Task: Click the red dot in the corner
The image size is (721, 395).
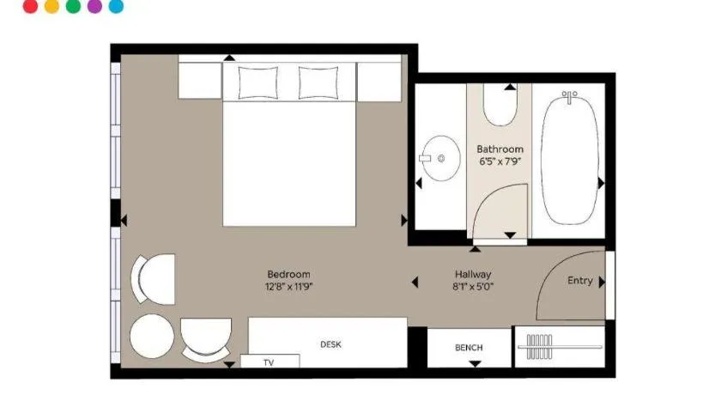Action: click(30, 6)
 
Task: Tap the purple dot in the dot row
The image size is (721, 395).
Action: click(94, 6)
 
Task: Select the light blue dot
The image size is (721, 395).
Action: click(116, 6)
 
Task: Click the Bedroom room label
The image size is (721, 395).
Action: click(288, 274)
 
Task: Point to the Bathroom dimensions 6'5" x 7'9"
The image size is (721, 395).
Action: click(500, 161)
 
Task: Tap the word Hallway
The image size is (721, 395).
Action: click(473, 275)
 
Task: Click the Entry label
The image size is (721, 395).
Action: click(580, 281)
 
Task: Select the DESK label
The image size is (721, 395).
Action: click(330, 344)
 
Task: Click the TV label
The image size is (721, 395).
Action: click(269, 363)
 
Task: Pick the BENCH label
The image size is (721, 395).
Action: click(469, 348)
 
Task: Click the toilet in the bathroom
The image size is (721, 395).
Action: click(500, 105)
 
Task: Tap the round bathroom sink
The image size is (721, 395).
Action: click(441, 158)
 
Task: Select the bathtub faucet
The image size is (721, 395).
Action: click(569, 96)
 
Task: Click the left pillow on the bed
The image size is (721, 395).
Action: click(258, 82)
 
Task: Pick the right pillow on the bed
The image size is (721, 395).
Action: click(318, 82)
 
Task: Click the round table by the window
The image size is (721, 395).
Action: click(152, 336)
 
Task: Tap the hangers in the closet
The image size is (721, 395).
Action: click(539, 347)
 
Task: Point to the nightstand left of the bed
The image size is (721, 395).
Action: click(200, 81)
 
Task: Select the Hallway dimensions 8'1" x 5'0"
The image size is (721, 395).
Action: click(473, 287)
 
